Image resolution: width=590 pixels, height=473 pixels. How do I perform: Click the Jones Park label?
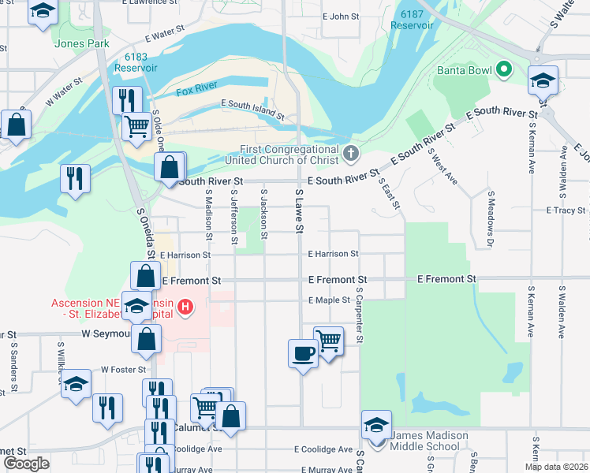(x=82, y=44)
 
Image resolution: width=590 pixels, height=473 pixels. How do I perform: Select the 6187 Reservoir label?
(x=412, y=20)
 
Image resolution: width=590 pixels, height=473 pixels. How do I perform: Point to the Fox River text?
(x=196, y=91)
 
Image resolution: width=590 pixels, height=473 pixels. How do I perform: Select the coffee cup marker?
(x=302, y=352)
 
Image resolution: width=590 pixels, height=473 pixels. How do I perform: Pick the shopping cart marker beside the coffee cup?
(x=328, y=340)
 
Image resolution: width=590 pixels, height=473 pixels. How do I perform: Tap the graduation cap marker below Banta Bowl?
(x=542, y=81)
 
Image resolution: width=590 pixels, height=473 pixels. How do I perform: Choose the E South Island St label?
(x=252, y=109)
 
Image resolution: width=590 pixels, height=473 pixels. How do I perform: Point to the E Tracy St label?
(x=566, y=210)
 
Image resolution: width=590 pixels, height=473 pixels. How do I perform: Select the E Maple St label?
(x=329, y=300)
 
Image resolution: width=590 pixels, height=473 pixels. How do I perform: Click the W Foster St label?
(x=124, y=369)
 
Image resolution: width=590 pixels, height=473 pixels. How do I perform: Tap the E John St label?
(x=340, y=16)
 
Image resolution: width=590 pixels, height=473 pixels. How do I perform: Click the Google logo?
(x=26, y=464)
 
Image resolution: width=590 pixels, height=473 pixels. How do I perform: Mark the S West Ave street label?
(x=442, y=166)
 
